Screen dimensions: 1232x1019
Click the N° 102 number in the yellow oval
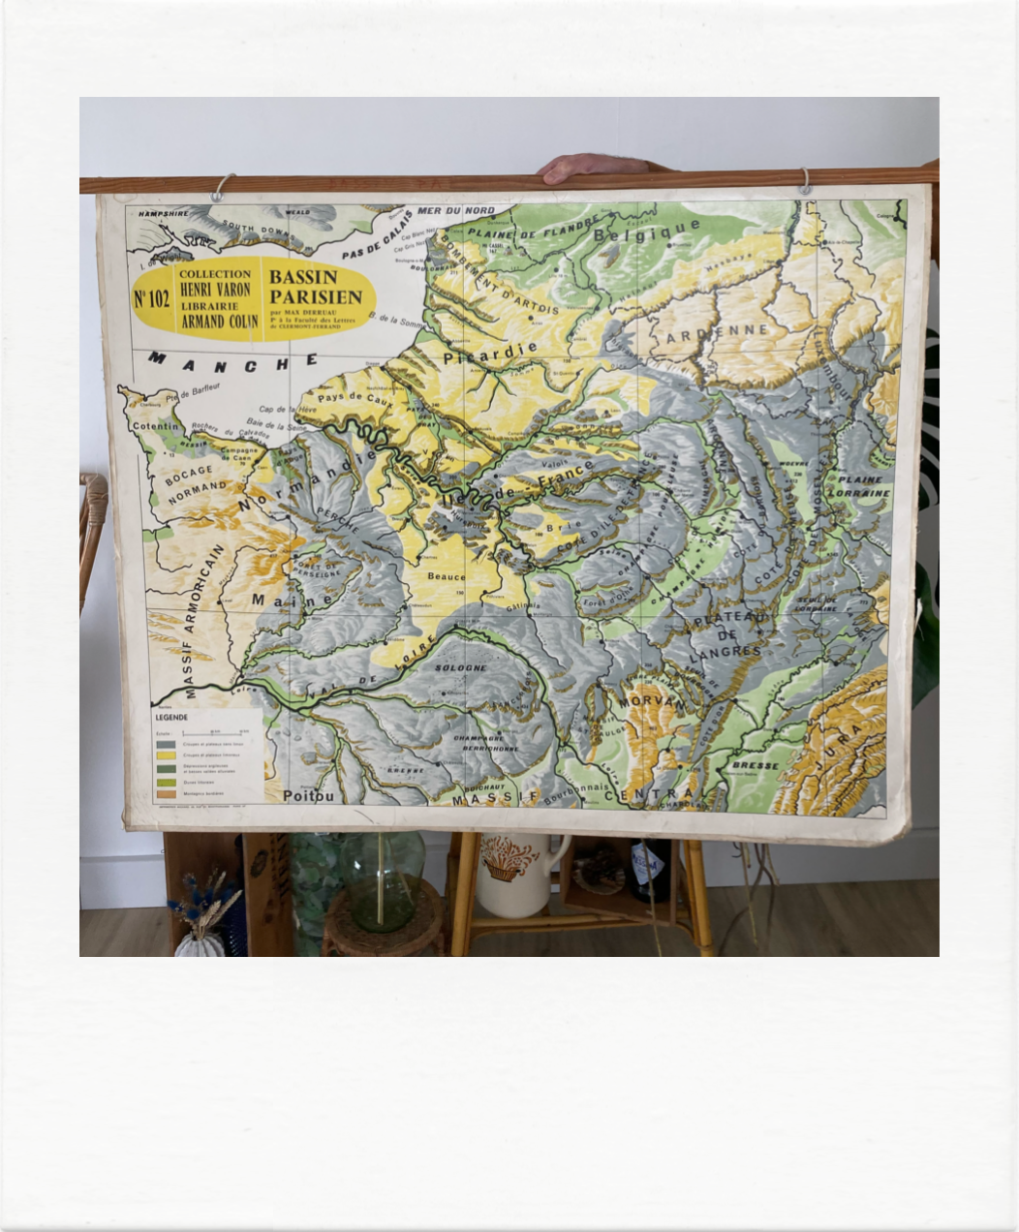151,298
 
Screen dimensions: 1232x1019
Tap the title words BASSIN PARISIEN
316,287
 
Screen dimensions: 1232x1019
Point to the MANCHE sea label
233,362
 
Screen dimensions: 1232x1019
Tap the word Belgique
646,231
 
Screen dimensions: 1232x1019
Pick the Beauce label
447,576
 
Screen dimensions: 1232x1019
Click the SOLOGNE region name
460,668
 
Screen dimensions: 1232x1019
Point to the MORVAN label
651,700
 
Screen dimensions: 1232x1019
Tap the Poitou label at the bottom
308,796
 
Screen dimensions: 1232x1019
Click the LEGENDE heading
172,718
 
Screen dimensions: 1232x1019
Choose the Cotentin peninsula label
156,426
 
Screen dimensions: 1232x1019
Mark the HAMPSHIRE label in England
163,213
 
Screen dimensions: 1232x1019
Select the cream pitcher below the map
514,875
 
